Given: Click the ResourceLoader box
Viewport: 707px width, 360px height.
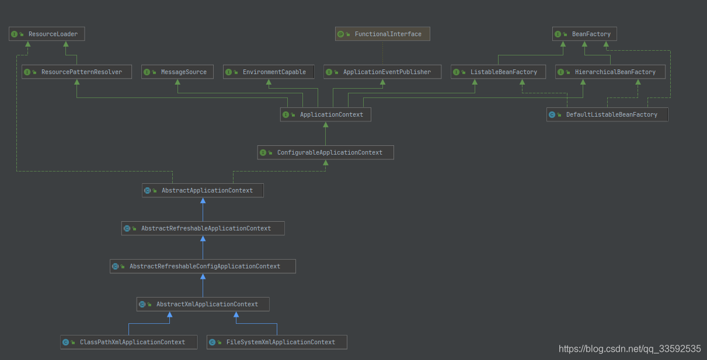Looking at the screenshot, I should click(x=47, y=34).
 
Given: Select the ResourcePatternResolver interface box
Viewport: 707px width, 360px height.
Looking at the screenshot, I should click(x=76, y=72).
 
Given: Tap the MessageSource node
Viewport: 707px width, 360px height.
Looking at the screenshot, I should click(x=177, y=72).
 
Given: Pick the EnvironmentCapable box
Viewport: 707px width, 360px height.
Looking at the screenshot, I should click(x=269, y=72).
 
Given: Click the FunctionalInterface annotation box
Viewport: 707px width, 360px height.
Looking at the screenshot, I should click(x=382, y=34).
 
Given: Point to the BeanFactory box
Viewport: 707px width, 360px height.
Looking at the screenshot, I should click(x=584, y=34).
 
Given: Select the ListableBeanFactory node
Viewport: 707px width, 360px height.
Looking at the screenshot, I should click(x=498, y=72).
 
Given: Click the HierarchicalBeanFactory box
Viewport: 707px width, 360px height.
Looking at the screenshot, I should click(x=610, y=72).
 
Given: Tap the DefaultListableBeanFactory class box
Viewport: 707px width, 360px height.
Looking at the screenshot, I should click(x=607, y=114).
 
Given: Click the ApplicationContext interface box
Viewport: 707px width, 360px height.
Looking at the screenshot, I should click(x=325, y=114).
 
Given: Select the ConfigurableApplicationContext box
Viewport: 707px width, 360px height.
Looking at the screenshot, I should click(x=325, y=152).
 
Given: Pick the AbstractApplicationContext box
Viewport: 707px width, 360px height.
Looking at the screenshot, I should click(x=203, y=190).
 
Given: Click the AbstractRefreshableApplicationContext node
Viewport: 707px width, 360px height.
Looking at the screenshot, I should click(x=203, y=228).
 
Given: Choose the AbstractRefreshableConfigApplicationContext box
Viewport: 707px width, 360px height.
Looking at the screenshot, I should click(x=203, y=266).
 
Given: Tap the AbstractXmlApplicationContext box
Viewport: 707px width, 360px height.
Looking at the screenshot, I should click(x=203, y=304).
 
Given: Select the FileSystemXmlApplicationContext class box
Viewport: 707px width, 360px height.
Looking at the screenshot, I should click(x=277, y=342).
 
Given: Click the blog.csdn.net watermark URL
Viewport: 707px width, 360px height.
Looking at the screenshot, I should click(x=629, y=349).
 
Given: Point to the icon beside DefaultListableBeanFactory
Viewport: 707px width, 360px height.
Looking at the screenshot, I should click(x=552, y=115).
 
